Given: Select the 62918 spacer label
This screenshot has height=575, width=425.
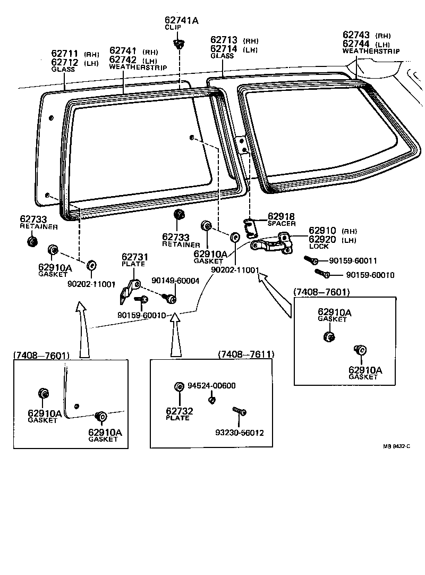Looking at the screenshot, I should coord(281,216).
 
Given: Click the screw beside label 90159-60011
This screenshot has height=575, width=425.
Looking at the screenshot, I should coord(311,260).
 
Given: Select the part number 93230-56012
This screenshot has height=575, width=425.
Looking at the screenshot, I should coord(239,433).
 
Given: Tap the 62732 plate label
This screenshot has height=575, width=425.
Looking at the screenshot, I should coord(180,411).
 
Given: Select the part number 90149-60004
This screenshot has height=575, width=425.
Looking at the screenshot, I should coord(175,281).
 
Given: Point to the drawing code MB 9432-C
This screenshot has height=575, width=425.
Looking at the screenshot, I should coord(396,446).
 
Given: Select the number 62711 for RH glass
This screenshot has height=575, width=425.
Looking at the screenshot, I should coord(65,54).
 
